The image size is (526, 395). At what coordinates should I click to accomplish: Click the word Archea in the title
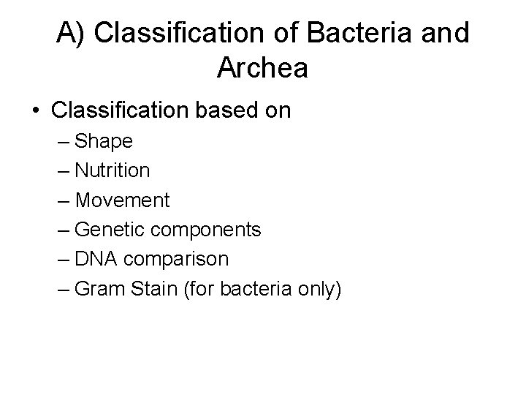262,68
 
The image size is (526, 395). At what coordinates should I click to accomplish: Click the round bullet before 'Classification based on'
34,111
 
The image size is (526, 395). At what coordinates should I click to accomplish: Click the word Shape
104,140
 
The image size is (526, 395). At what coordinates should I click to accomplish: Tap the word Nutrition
113,170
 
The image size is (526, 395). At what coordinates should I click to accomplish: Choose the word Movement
122,200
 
